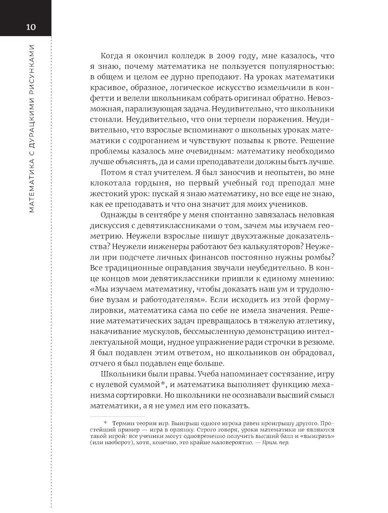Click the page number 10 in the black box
tap(31, 27)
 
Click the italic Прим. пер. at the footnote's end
tap(275, 443)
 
